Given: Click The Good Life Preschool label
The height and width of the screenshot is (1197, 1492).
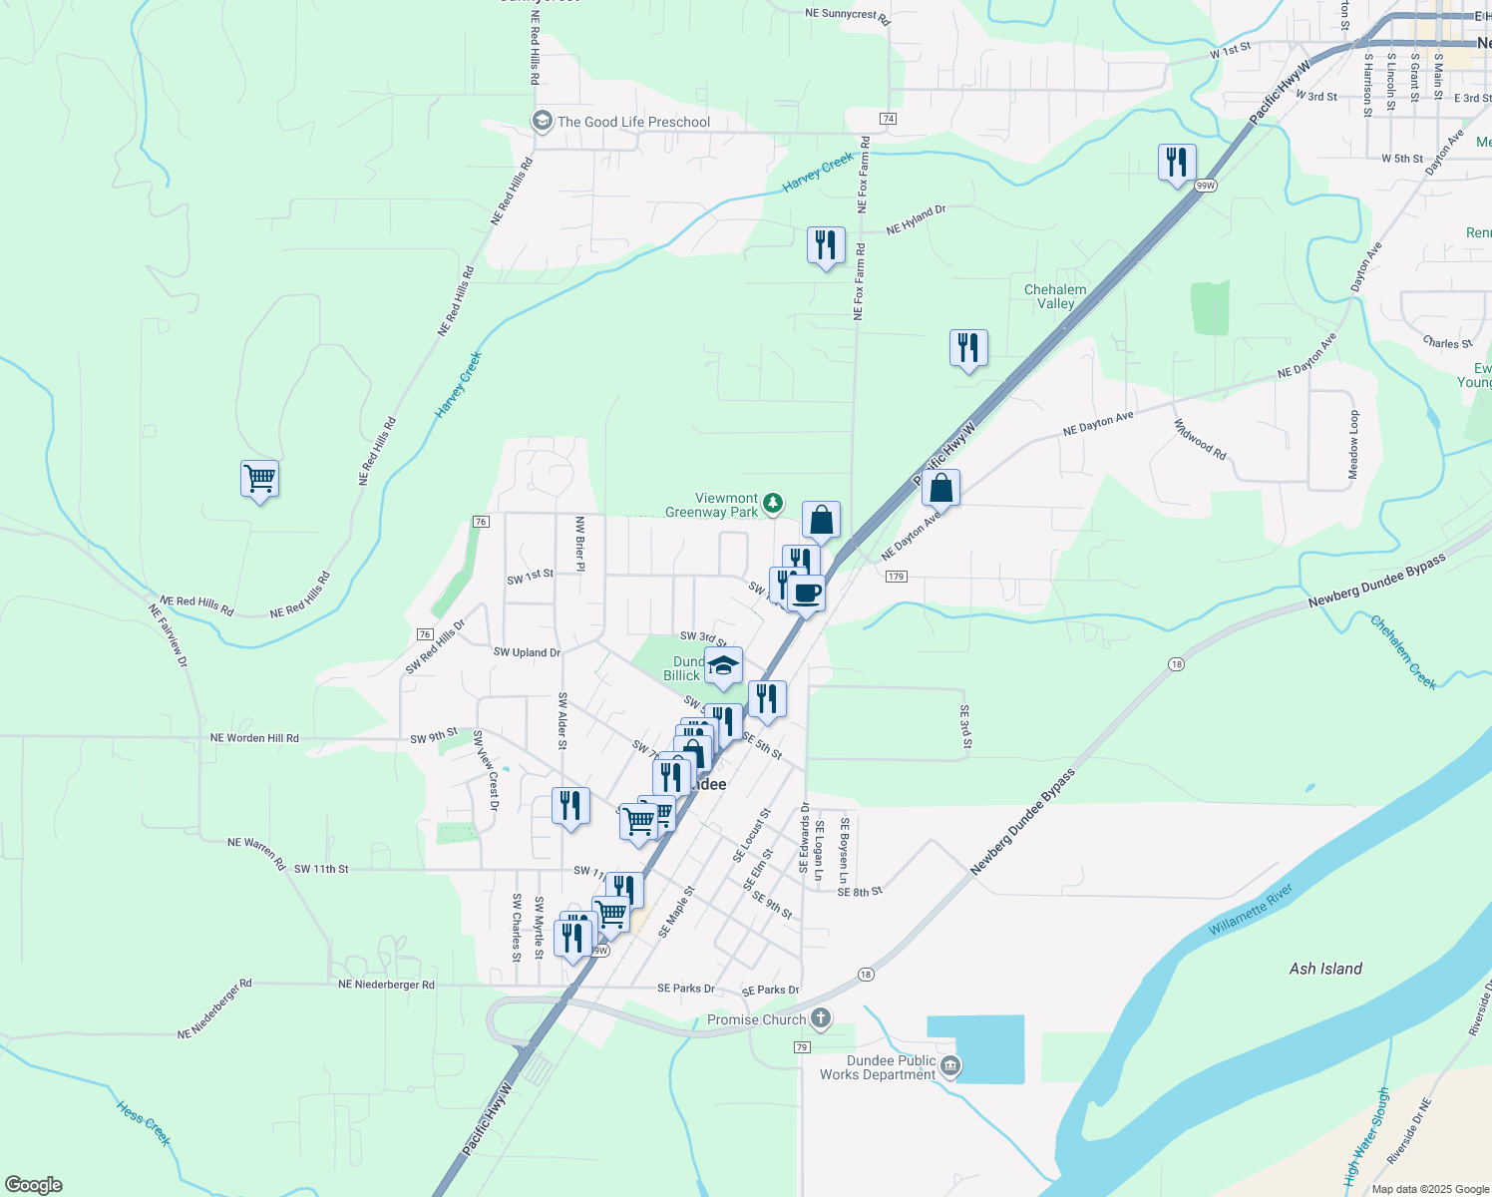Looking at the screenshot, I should [633, 122].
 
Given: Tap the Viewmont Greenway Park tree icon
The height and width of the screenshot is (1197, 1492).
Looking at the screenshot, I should [773, 504].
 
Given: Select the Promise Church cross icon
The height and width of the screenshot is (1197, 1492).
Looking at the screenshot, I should [821, 1018].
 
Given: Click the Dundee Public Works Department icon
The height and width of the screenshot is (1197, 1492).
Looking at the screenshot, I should [950, 1066].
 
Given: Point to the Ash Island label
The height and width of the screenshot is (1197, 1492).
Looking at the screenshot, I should [1325, 969].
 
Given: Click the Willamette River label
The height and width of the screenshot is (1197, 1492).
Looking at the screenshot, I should [1251, 910].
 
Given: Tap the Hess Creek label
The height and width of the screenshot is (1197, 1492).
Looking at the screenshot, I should [145, 1124].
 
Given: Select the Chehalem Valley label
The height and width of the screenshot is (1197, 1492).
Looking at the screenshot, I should [1055, 296].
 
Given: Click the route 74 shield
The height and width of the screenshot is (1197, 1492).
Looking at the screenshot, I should [888, 119].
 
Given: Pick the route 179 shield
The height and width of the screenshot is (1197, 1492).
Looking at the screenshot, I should [895, 577].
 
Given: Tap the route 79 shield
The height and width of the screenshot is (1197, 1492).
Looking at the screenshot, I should [802, 1046].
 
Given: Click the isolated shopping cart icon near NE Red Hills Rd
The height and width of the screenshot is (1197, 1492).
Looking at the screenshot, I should [259, 479].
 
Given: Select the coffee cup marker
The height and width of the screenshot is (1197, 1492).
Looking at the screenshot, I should [806, 594].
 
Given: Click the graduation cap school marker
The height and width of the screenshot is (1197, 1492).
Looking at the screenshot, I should [723, 665].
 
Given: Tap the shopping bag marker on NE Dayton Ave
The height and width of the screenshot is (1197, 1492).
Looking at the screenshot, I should [940, 489].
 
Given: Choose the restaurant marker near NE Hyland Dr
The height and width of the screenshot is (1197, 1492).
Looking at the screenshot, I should [826, 244].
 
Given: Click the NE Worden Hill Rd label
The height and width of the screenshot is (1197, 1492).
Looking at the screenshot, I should [254, 738].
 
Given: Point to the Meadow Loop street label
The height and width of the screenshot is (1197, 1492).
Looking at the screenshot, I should [1353, 444].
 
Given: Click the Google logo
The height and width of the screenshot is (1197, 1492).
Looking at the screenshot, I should [33, 1185].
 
